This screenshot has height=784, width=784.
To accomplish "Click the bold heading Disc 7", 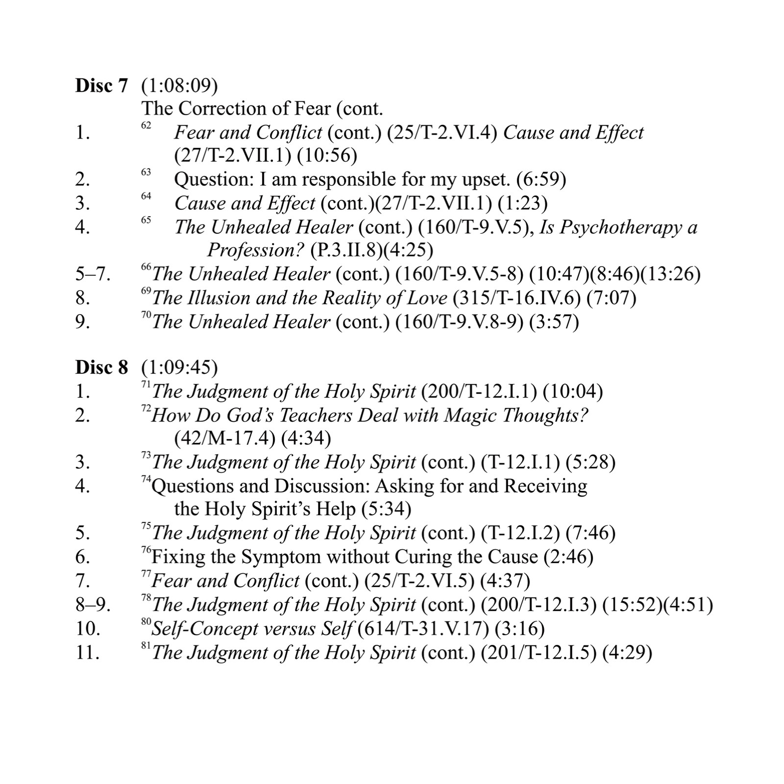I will (101, 86).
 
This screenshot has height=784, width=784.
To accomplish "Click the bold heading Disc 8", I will (101, 367).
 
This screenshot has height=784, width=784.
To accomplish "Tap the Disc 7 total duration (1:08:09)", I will (179, 86).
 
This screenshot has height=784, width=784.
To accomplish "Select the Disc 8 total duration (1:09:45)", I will (179, 367).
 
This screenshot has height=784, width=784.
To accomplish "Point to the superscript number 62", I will (146, 125).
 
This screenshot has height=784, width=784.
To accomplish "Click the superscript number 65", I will (146, 220).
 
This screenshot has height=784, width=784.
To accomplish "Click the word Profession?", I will (256, 250).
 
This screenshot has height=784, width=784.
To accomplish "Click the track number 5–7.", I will (93, 274).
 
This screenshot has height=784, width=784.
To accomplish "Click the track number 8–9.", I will (93, 605).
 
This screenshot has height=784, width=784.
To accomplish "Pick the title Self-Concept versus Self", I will (252, 629).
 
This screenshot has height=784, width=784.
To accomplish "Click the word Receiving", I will (546, 486).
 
